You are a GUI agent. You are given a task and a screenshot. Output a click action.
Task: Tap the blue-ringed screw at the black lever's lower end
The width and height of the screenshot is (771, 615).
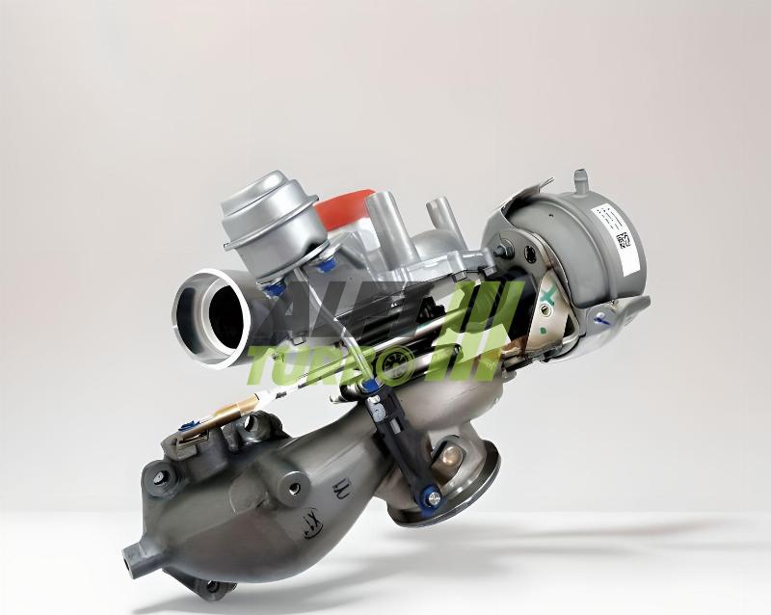[x=432, y=497]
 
